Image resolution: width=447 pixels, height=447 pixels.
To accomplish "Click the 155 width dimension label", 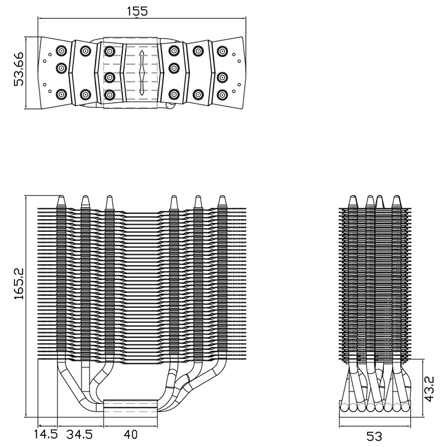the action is (137, 11).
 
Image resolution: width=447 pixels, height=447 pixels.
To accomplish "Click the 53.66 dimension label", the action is (18, 69).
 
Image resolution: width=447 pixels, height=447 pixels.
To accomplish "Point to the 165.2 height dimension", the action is (19, 284).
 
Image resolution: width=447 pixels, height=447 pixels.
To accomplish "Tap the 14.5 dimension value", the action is (46, 435).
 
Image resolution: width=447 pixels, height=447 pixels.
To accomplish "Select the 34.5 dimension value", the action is (79, 435).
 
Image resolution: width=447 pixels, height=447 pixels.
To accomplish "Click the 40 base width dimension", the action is (131, 435).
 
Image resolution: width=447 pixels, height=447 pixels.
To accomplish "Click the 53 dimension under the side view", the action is (374, 436).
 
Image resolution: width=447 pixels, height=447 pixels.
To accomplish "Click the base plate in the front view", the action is (130, 408).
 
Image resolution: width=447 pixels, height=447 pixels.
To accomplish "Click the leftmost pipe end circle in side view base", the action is (344, 407).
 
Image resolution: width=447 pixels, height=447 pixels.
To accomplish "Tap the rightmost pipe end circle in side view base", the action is (405, 407).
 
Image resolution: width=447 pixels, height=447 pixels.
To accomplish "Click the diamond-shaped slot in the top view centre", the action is (142, 73).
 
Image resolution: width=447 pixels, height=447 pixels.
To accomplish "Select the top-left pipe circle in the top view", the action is (61, 51).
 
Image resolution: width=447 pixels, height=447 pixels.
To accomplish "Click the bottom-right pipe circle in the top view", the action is (222, 94).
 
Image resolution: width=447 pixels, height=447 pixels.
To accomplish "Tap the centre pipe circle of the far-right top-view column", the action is (222, 77).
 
